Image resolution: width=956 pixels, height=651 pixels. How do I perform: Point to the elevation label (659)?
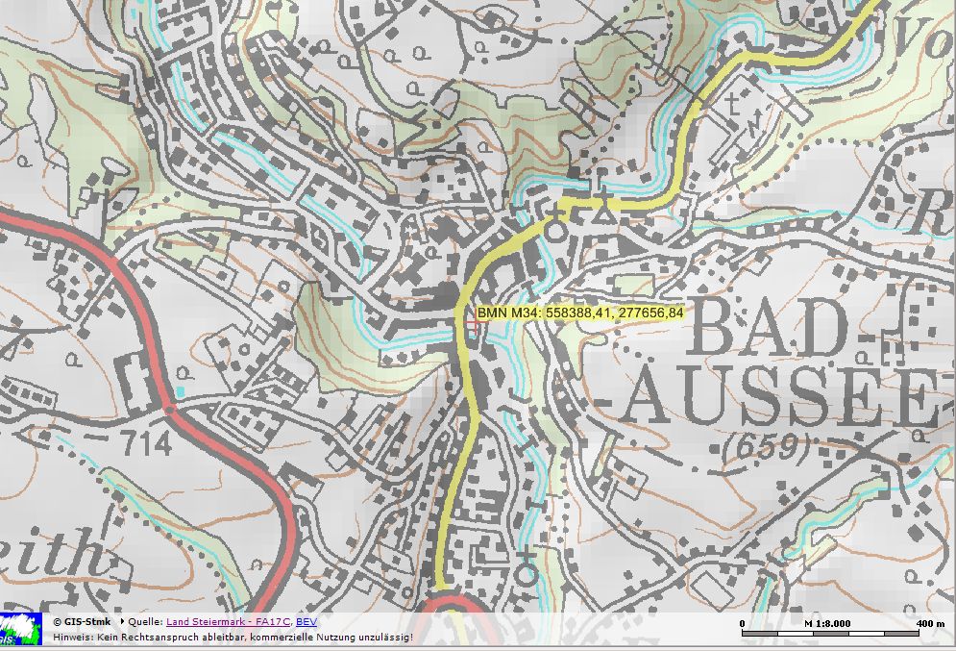click(767, 446)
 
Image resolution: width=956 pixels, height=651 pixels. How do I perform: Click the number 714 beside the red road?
click(146, 443)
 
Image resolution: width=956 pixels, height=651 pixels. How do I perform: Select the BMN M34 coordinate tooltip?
click(579, 313)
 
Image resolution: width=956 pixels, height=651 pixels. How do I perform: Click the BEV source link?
click(305, 622)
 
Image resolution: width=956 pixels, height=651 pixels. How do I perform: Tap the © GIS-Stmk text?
click(81, 622)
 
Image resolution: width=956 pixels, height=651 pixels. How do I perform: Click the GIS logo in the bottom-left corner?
click(21, 629)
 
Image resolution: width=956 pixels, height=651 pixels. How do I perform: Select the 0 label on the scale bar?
click(743, 623)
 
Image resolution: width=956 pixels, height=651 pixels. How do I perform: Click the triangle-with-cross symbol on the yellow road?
click(603, 212)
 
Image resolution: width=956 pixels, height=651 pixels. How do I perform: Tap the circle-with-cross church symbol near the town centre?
click(555, 227)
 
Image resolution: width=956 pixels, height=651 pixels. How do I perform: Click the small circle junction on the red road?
click(170, 411)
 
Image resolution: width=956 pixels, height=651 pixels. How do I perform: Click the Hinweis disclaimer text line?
click(233, 637)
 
